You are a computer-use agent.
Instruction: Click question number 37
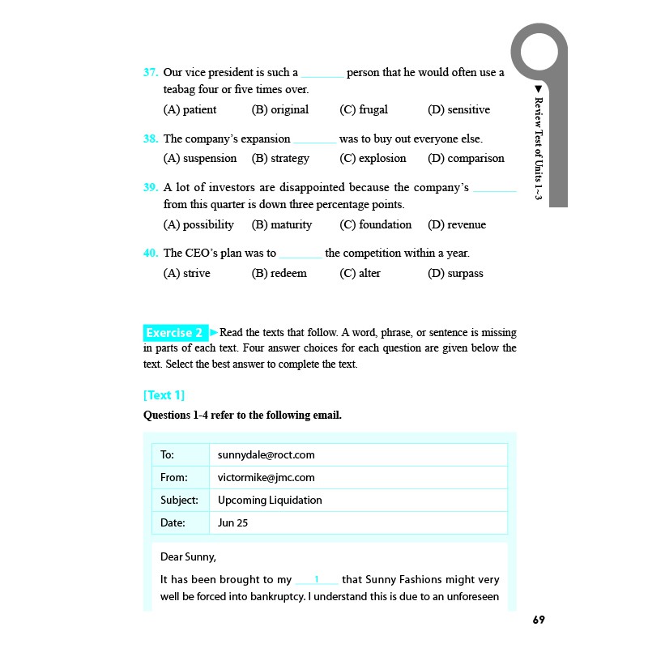click(x=150, y=73)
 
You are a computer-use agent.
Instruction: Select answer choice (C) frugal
click(x=364, y=110)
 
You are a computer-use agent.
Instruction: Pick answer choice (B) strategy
click(x=280, y=159)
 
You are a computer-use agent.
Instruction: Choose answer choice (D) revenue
click(x=457, y=225)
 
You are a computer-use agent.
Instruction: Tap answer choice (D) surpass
click(x=455, y=274)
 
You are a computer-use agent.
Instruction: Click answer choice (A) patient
click(x=190, y=110)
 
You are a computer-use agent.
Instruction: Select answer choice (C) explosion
click(x=373, y=159)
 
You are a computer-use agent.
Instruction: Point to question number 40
click(x=150, y=254)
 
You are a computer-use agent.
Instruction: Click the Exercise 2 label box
click(x=175, y=333)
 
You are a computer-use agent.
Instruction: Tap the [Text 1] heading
click(x=164, y=395)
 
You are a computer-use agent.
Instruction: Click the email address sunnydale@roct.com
click(x=266, y=455)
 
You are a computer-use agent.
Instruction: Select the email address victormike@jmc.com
click(x=266, y=478)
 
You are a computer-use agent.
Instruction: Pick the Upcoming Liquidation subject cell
click(x=270, y=501)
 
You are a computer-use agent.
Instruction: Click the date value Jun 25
click(x=232, y=523)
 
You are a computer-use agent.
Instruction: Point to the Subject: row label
click(x=179, y=501)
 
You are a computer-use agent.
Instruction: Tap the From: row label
click(x=174, y=478)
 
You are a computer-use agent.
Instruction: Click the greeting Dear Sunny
click(x=188, y=557)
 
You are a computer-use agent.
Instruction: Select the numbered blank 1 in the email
click(x=317, y=580)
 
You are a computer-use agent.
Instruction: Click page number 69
click(x=539, y=620)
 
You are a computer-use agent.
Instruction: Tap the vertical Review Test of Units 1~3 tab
click(x=538, y=146)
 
